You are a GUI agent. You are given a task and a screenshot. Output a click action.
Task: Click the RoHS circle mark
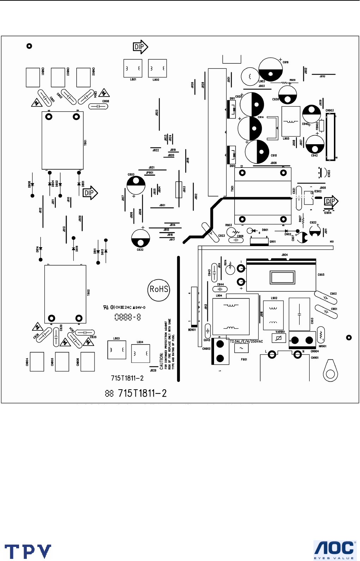point(159,289)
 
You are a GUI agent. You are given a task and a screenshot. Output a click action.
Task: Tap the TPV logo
point(28,551)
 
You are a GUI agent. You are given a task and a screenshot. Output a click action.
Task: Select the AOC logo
point(334,550)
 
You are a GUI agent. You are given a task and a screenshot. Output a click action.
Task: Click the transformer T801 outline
point(62,140)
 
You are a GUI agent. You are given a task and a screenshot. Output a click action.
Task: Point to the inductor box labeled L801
point(133,68)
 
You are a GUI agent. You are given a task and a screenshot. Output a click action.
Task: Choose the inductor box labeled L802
point(157,68)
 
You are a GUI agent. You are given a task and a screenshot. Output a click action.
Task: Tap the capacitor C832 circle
point(140,238)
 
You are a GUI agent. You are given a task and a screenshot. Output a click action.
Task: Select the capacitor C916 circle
point(270,69)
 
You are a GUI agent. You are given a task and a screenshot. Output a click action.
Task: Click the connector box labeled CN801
point(33,77)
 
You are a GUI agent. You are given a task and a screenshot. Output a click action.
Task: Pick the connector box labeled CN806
point(87,361)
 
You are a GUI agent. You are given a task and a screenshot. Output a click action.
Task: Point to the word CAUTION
point(162,360)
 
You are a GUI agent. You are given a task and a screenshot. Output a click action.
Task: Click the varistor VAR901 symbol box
point(279,338)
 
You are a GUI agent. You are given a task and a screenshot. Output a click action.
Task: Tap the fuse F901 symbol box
point(242,348)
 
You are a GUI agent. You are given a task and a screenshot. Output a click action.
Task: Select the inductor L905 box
point(291,121)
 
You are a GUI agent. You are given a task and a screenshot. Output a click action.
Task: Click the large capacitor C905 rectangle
point(281,275)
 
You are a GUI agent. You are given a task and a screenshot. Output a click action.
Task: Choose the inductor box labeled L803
point(116,350)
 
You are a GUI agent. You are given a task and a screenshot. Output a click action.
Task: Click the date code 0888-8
point(128,317)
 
